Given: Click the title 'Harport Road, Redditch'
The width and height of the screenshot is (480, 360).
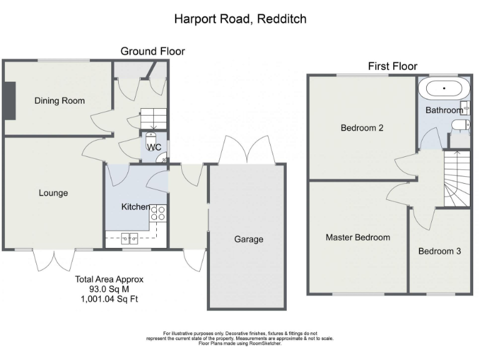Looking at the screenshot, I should pyautogui.click(x=240, y=19).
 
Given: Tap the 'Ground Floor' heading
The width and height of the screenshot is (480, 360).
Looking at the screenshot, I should pyautogui.click(x=152, y=51).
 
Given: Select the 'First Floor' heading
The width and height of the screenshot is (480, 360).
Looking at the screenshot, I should pyautogui.click(x=392, y=66).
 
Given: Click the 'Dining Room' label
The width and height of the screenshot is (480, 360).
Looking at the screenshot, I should pyautogui.click(x=59, y=101).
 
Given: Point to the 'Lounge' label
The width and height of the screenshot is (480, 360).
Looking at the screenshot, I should pyautogui.click(x=53, y=193).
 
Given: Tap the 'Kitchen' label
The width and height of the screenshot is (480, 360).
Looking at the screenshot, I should pyautogui.click(x=135, y=207).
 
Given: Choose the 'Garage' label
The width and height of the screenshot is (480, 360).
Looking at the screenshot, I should pyautogui.click(x=249, y=239).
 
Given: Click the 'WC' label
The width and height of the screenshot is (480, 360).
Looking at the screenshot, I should pyautogui.click(x=154, y=147).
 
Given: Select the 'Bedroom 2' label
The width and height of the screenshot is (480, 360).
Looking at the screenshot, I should pyautogui.click(x=362, y=128).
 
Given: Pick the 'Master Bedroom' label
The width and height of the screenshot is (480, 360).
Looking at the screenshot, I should pyautogui.click(x=357, y=237).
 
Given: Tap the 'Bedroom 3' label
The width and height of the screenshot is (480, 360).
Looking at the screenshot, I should pyautogui.click(x=439, y=251).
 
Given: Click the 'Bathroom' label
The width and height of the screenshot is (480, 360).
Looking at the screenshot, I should pyautogui.click(x=444, y=110).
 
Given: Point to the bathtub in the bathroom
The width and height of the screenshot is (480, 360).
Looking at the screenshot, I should pyautogui.click(x=444, y=89).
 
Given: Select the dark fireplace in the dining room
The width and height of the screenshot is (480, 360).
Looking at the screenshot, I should pyautogui.click(x=9, y=100).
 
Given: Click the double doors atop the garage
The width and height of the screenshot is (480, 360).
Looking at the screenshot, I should pyautogui.click(x=247, y=150).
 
